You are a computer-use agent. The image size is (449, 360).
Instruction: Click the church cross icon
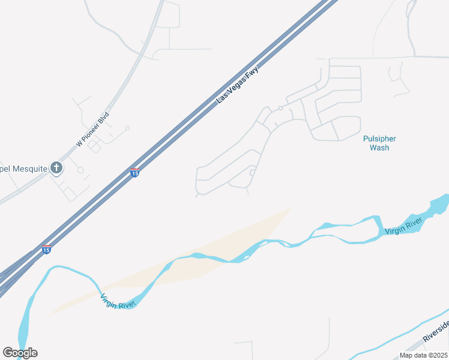56,167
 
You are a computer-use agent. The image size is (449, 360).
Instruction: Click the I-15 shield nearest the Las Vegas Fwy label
135,173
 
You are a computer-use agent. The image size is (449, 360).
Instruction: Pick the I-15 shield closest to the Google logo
46,250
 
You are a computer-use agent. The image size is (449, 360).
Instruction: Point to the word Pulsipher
379,139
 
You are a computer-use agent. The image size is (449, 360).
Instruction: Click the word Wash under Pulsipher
379,148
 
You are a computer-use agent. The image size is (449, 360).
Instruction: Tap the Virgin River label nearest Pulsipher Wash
404,226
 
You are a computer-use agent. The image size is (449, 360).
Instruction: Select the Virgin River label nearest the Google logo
118,301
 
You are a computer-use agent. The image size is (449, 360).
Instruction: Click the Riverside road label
436,330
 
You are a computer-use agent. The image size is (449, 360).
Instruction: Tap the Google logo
20,352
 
